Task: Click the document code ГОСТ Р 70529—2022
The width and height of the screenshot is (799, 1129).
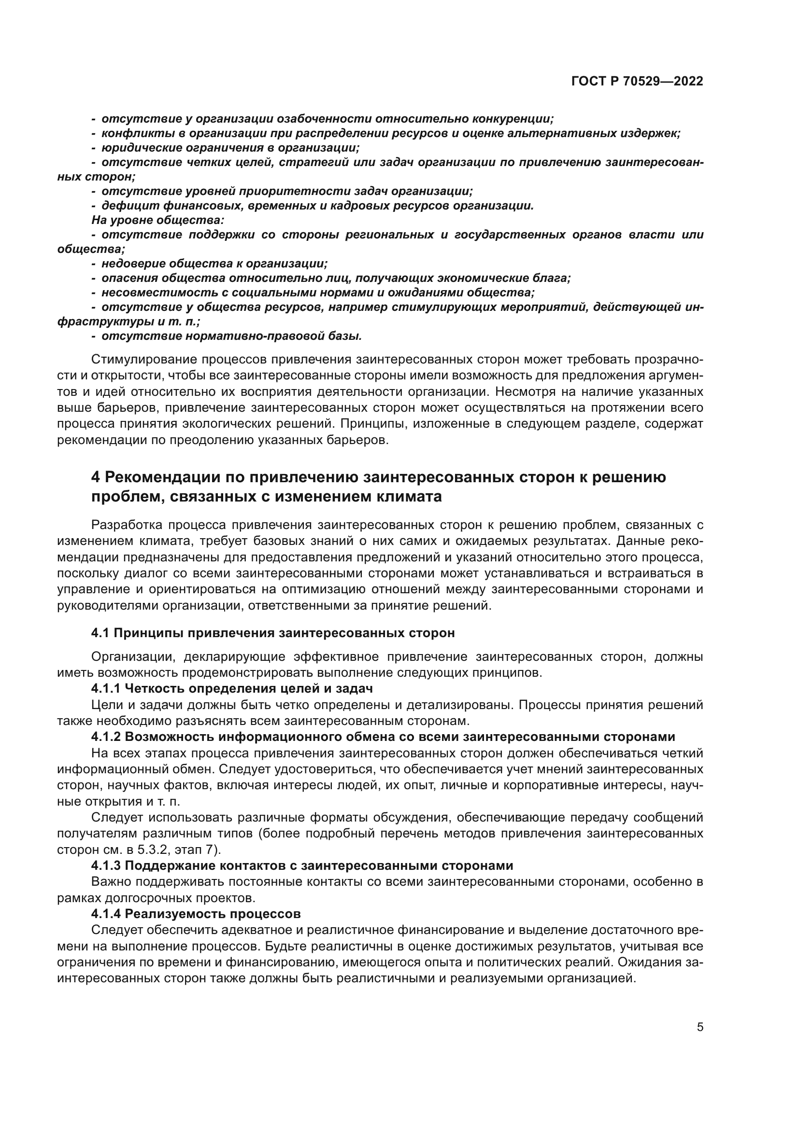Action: (x=637, y=82)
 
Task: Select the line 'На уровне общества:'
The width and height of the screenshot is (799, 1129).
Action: (x=158, y=220)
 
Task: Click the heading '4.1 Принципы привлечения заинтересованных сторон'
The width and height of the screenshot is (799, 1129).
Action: (x=272, y=633)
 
